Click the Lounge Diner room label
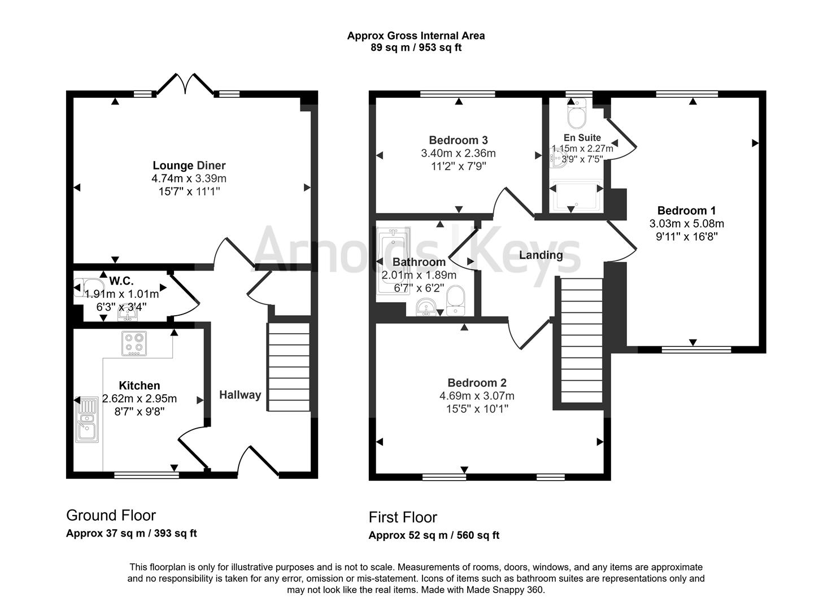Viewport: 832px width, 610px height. pos(189,165)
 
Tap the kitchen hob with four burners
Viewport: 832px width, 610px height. pos(134,343)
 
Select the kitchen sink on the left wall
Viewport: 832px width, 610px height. pos(87,420)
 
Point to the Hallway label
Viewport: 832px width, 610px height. pos(240,395)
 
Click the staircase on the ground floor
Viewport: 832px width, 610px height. pos(289,367)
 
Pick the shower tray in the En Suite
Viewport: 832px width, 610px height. pos(576,197)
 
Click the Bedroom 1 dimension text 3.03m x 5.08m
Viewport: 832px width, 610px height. pos(686,224)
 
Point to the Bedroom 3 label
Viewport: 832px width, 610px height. pos(458,140)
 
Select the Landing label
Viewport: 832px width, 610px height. pos(541,255)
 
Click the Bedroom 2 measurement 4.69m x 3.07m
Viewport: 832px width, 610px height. pos(477,396)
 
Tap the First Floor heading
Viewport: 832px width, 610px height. pos(403,517)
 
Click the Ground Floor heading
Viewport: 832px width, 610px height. pos(111,515)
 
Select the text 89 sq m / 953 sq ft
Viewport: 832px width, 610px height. pos(416,47)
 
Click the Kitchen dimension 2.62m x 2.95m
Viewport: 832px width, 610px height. pos(140,399)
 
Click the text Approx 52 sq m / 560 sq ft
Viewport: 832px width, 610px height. pos(434,535)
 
